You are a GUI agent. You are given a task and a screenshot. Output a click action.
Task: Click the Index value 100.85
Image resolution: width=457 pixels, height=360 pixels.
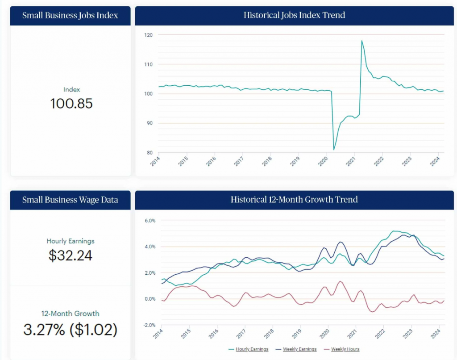coord(71,104)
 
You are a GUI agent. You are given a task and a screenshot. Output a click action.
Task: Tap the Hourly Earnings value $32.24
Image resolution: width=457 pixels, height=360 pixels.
coord(71,255)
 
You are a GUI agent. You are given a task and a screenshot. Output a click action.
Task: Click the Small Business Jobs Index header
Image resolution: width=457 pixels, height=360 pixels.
coord(71,16)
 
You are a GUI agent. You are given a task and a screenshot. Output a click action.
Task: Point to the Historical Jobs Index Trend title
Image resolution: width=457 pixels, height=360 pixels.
coord(294,16)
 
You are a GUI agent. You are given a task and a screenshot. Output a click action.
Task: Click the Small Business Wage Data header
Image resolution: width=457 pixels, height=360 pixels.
coord(71,200)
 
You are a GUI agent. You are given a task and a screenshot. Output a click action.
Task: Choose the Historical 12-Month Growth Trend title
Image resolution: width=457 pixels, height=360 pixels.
coord(294,200)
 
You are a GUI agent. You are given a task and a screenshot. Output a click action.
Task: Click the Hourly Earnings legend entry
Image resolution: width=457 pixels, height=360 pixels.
coord(248,349)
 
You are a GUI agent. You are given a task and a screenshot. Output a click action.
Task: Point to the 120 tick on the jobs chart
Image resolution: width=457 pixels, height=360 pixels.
coord(149,35)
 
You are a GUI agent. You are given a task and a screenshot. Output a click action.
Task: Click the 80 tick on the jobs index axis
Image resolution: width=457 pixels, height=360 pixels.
coord(150,153)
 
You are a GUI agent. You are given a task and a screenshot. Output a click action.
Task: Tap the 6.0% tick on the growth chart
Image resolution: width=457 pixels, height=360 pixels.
coord(150,221)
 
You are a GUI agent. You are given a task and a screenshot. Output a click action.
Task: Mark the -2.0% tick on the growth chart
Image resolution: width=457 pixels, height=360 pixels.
coord(149,325)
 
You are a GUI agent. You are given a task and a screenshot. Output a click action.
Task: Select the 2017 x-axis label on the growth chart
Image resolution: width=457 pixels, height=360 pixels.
coord(241,335)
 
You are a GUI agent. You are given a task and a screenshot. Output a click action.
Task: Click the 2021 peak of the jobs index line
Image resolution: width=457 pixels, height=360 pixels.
coord(361,41)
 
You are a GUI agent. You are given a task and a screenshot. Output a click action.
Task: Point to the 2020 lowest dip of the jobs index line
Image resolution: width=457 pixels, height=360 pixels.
coord(334,150)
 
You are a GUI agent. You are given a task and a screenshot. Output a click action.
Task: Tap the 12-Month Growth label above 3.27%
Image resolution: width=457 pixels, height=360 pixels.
coord(71,314)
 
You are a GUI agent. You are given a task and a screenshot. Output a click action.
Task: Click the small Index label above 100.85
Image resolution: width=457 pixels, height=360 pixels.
coord(71,90)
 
